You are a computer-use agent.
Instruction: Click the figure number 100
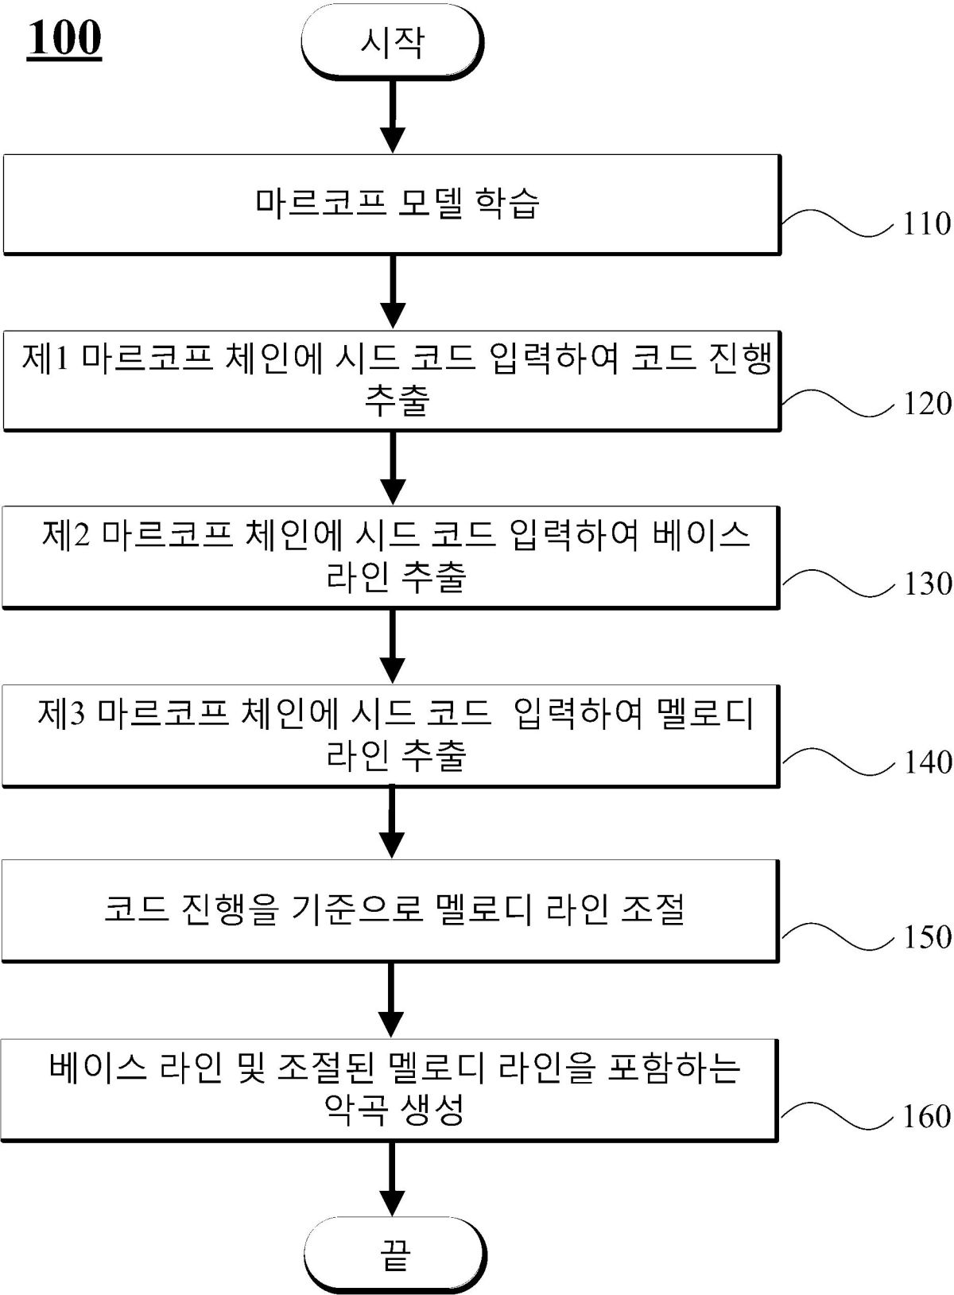coord(64,37)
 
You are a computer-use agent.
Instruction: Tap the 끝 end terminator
coord(394,1254)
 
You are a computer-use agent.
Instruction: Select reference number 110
coord(926,224)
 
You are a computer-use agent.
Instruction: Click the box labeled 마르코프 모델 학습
coord(392,204)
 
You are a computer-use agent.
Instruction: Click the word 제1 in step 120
coord(46,359)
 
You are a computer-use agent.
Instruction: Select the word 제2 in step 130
coord(67,535)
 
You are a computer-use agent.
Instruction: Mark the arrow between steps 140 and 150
coord(391,821)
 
